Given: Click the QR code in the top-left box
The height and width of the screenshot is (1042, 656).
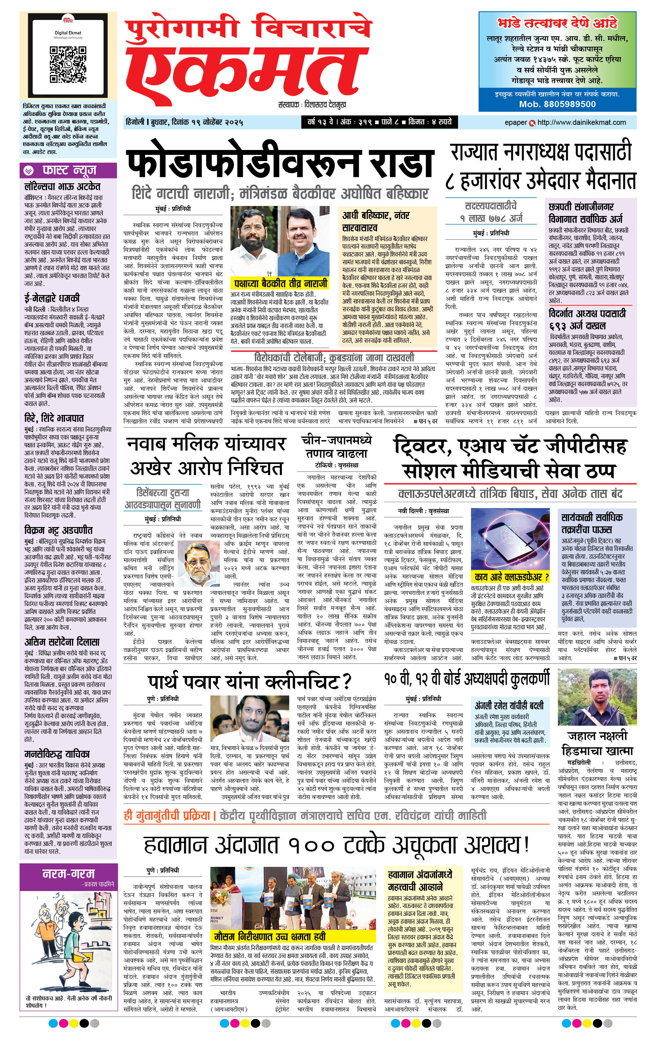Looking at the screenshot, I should pos(68,64).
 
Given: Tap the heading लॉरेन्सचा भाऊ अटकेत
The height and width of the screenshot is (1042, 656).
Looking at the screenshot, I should pos(63,187).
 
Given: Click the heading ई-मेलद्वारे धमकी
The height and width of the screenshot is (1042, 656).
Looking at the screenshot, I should pos(52,298).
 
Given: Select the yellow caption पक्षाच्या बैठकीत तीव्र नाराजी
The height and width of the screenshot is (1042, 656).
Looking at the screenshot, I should pos(280,283).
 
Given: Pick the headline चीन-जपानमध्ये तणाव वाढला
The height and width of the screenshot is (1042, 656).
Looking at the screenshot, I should pos(336,447).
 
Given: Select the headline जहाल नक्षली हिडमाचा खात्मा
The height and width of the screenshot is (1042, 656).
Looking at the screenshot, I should pos(597,743).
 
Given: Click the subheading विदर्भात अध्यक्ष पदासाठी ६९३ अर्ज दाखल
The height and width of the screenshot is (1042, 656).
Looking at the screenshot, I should pos(587,319).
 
